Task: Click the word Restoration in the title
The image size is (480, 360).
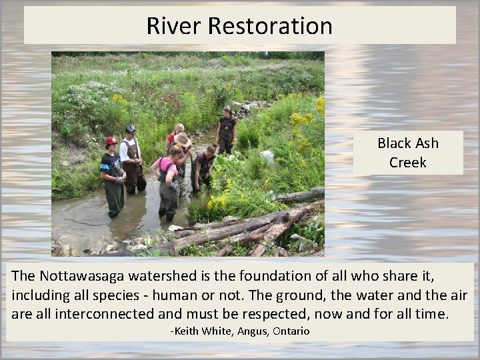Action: click(270, 26)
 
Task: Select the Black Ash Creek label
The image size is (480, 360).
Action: click(407, 152)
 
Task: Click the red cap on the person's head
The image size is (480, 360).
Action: click(111, 141)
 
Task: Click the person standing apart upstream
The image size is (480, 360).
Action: click(227, 130)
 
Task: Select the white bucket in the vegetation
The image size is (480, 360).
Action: click(268, 156)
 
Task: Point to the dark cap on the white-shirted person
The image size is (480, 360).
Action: click(130, 129)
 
